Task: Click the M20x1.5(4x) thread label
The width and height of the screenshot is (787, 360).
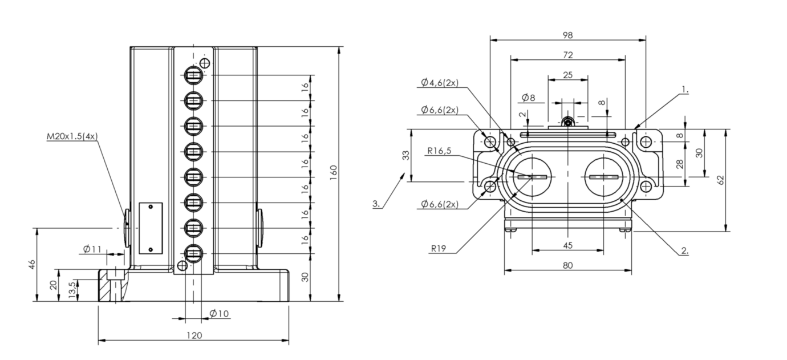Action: tap(72, 136)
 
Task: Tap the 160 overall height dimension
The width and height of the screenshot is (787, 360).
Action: tap(334, 173)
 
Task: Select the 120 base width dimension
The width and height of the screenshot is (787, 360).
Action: tap(194, 335)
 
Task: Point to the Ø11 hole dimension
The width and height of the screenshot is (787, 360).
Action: tap(92, 249)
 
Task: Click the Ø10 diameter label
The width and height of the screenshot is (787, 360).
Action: tap(219, 313)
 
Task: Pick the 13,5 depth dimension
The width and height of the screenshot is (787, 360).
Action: tap(72, 290)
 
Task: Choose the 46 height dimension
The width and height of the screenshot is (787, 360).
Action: tap(32, 264)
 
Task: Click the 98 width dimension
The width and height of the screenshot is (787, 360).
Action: tap(568, 35)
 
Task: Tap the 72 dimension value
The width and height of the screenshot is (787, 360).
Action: tap(568, 55)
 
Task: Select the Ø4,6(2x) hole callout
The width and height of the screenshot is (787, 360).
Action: tap(440, 83)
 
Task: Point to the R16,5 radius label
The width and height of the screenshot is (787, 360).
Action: tap(439, 151)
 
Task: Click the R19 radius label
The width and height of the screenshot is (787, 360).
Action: tap(439, 249)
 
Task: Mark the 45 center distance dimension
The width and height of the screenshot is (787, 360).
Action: tap(568, 245)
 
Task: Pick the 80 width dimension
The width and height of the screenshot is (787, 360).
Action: tap(568, 265)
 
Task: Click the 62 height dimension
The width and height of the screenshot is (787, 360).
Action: tap(720, 180)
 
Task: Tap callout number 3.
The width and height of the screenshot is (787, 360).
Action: tap(376, 204)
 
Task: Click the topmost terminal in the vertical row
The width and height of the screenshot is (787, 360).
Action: tap(193, 75)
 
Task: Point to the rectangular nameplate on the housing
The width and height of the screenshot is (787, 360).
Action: tap(151, 228)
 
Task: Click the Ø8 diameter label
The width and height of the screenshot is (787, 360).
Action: tap(529, 98)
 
